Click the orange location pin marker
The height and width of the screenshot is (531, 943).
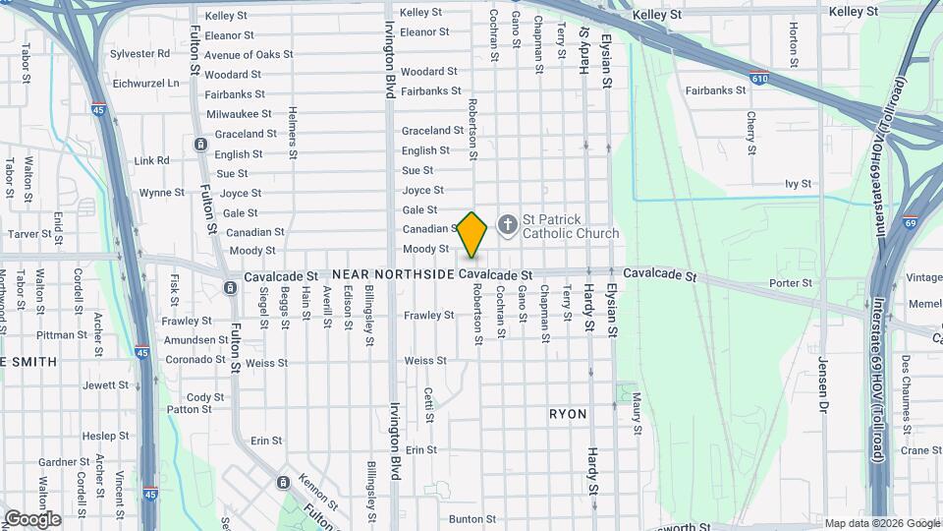coord(472,233)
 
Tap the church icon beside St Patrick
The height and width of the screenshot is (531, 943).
coord(508,225)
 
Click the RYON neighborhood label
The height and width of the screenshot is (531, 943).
coord(569,414)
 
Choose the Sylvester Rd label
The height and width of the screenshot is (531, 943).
coord(139,54)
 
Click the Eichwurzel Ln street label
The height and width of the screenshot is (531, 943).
coord(146,84)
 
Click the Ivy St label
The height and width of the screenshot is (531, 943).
coord(798,184)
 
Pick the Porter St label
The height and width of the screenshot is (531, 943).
coord(791,283)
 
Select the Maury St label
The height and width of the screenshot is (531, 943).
coord(637,414)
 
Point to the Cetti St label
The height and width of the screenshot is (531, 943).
coord(429,404)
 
